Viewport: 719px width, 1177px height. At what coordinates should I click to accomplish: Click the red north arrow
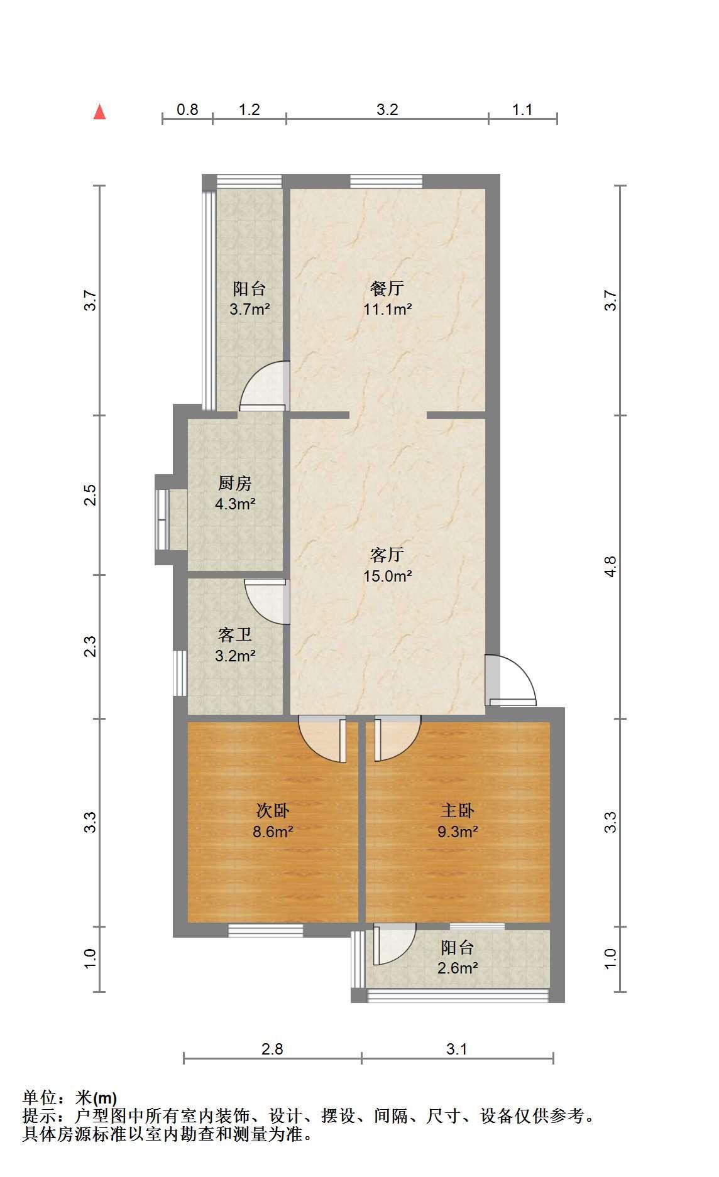(99, 111)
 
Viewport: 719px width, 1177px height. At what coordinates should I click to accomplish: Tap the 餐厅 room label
(387, 288)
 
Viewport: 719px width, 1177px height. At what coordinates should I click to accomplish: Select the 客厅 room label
(387, 555)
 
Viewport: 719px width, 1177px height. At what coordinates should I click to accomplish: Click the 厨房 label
(235, 483)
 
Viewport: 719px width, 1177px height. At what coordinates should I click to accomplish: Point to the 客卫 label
(235, 635)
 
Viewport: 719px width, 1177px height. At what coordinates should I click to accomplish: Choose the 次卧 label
(273, 811)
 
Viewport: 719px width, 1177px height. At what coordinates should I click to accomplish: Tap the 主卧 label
(458, 811)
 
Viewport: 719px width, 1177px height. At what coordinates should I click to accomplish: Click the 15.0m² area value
(388, 575)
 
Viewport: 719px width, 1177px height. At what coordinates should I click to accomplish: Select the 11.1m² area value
(388, 309)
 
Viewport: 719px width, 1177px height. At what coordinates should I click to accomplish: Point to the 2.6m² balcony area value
(458, 968)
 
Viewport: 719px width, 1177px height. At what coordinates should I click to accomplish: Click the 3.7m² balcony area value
(250, 309)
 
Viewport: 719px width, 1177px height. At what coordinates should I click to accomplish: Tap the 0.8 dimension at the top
(187, 109)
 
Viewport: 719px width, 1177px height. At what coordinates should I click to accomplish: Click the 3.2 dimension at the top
(387, 109)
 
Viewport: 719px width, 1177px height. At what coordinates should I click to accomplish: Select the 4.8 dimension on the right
(610, 567)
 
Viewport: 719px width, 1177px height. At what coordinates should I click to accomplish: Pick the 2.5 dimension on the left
(91, 495)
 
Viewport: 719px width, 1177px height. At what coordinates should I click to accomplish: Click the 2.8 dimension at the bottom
(273, 1049)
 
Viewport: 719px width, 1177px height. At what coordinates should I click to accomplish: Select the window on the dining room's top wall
(386, 182)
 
